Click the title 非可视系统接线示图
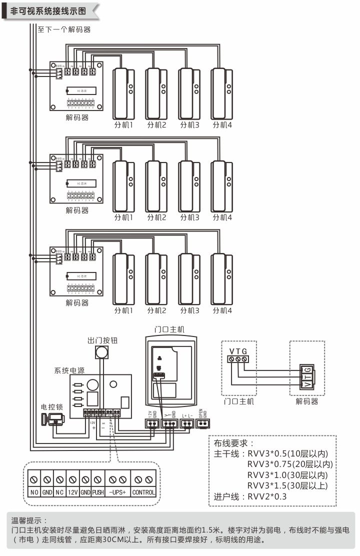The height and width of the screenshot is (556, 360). pos(47,10)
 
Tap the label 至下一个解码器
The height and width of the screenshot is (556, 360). pos(64,29)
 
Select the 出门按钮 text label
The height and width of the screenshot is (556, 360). pos(102,340)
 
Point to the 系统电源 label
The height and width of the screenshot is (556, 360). pos(69,371)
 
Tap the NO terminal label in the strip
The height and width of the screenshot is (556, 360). pos(34,492)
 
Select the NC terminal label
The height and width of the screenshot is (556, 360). pos(60,492)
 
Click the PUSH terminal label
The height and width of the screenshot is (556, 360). pos(98,492)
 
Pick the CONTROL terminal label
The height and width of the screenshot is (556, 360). pos(143,492)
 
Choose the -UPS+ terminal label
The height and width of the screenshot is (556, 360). pos(118,492)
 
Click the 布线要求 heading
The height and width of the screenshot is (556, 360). pos(234,443)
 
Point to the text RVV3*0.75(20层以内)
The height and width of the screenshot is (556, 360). pos(290,464)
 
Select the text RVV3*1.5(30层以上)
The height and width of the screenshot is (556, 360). pos(288,486)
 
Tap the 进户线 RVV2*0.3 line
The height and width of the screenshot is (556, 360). pos(250,497)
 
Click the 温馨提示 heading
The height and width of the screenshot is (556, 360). pos(30,520)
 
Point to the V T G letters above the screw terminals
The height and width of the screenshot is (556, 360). pos(238,350)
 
